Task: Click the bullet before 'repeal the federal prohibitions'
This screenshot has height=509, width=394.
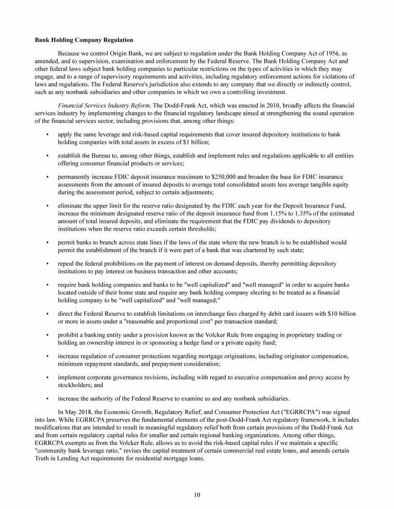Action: pos(47,263)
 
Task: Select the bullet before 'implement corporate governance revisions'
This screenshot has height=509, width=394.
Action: pos(47,378)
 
